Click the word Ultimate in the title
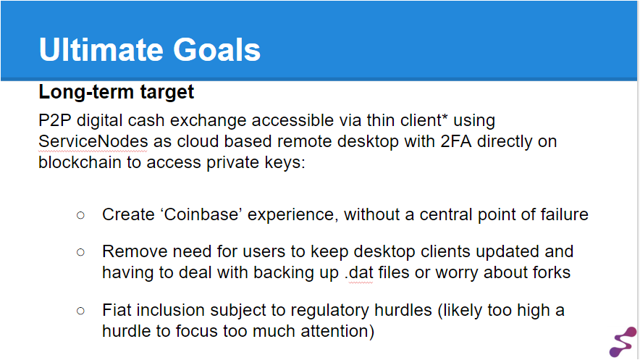tap(101, 50)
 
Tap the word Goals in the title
tap(216, 50)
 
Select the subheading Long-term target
tap(117, 92)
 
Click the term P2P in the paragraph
tap(55, 120)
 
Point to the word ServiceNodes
tap(93, 142)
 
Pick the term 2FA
tap(456, 142)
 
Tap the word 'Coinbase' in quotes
tap(201, 214)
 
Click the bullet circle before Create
tap(81, 215)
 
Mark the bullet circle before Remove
tap(81, 252)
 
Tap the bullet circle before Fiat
tap(81, 311)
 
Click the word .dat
tap(359, 272)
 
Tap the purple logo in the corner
tap(623, 342)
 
